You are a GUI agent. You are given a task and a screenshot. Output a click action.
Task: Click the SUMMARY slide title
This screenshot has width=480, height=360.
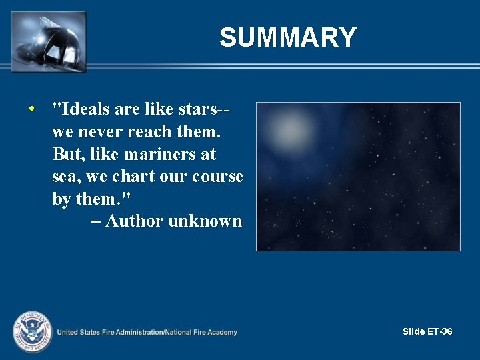tap(288, 38)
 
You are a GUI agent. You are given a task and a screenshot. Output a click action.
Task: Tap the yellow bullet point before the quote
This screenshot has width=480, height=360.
tap(31, 109)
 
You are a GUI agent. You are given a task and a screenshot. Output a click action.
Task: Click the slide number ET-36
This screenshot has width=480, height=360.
tap(439, 331)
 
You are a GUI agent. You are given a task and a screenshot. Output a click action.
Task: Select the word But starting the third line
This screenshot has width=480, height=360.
tap(65, 155)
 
